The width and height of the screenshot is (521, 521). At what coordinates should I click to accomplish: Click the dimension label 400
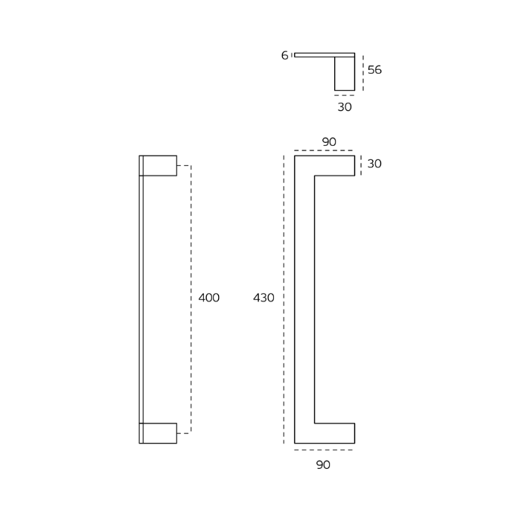[x=208, y=298]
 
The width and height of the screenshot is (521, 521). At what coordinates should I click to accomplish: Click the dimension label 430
[x=263, y=298]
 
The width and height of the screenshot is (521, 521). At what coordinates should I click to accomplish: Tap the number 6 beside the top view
[x=284, y=55]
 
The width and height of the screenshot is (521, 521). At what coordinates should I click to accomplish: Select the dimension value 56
[x=374, y=70]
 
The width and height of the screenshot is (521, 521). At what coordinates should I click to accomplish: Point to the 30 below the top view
[x=345, y=107]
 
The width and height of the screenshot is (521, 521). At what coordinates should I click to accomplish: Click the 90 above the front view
[x=329, y=142]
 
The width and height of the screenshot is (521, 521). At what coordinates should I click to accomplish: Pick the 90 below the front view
[x=323, y=465]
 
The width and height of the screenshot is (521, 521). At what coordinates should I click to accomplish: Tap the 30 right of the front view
[x=374, y=164]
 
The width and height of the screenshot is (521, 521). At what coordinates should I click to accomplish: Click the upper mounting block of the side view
[x=160, y=165]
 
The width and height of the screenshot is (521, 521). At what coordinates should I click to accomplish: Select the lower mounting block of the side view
[x=160, y=433]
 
